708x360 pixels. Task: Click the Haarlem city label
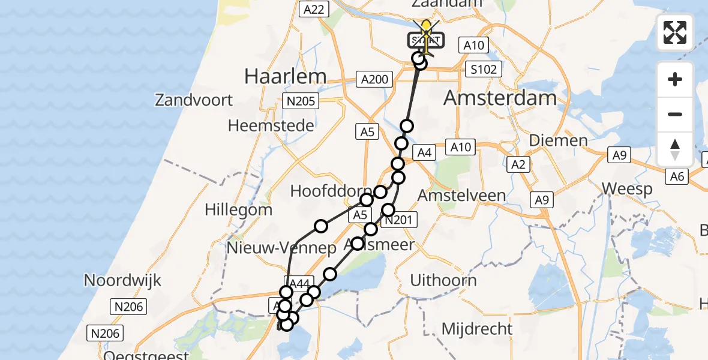click(286, 76)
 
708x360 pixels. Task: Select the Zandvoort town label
click(194, 100)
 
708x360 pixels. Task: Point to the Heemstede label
click(271, 126)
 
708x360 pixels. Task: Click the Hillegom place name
click(238, 210)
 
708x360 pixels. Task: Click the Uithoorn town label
click(443, 280)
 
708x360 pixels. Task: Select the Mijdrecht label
click(477, 329)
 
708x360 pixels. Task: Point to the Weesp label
click(627, 189)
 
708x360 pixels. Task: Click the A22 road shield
click(314, 9)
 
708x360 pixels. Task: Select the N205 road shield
click(301, 101)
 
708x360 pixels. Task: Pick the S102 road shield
click(483, 70)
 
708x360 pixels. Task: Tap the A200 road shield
click(375, 79)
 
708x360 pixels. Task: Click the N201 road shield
click(397, 220)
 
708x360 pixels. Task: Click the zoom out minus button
click(675, 115)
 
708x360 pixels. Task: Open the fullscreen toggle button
click(675, 32)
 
